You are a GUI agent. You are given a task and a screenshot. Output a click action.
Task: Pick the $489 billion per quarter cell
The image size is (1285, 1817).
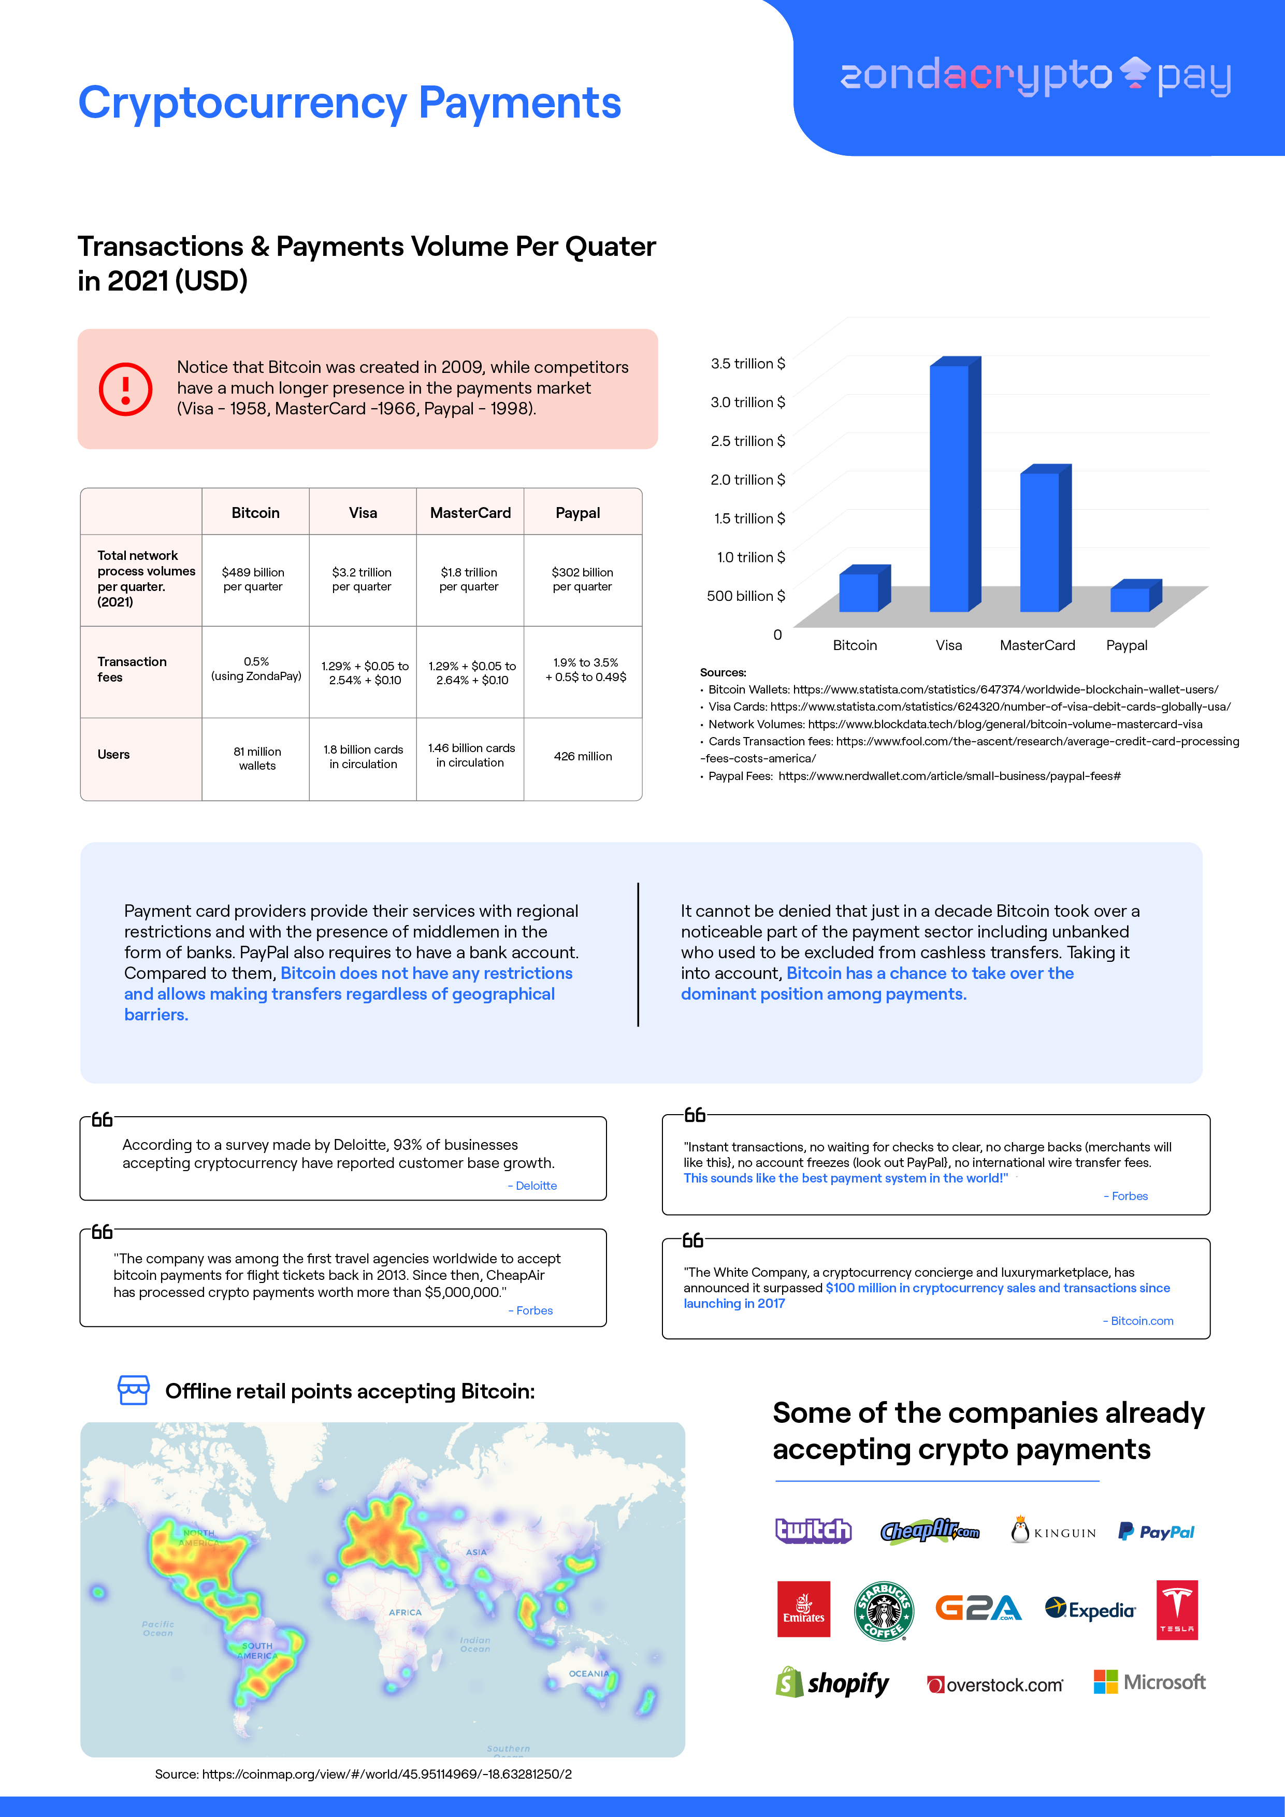pos(253,579)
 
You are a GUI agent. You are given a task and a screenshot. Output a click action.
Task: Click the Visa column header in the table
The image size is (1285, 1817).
pos(363,513)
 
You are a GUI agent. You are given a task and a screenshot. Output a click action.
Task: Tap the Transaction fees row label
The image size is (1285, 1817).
pos(132,670)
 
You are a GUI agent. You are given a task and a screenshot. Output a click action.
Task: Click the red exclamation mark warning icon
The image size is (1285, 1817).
pos(125,388)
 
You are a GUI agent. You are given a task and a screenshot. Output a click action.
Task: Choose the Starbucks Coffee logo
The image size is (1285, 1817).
pos(884,1611)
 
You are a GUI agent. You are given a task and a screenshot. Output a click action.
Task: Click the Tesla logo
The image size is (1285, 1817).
pos(1177,1610)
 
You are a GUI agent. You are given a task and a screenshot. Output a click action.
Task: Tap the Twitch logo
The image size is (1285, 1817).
pos(813,1531)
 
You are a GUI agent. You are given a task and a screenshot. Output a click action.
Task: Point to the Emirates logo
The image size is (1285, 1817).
pos(803,1610)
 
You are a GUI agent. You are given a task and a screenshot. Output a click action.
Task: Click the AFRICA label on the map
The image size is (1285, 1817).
pos(405,1612)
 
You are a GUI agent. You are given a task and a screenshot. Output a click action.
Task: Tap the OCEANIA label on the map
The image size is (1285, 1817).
pos(589,1674)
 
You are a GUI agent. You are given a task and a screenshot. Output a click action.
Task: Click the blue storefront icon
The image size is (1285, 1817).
pos(133,1390)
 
